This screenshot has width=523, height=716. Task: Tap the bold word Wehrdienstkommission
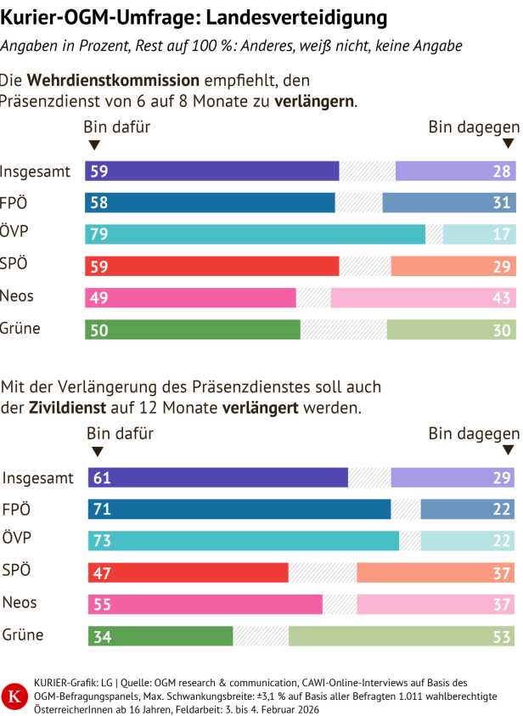click(114, 81)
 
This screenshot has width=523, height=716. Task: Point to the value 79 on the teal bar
click(98, 234)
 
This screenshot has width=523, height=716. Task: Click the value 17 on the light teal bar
click(502, 234)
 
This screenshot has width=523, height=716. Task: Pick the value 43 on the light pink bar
click(502, 298)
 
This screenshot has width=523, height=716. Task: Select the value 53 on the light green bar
click(502, 636)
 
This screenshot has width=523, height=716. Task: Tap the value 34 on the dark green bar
click(102, 636)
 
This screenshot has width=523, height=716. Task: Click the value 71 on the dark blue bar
click(102, 510)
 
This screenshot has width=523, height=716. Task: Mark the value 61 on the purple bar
click(102, 477)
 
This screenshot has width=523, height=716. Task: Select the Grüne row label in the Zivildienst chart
click(23, 635)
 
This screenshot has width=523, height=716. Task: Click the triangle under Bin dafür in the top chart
click(93, 145)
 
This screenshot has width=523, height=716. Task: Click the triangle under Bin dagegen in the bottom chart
click(509, 451)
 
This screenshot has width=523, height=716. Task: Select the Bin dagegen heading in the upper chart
click(473, 127)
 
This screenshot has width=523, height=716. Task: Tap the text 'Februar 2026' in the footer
click(279, 709)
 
